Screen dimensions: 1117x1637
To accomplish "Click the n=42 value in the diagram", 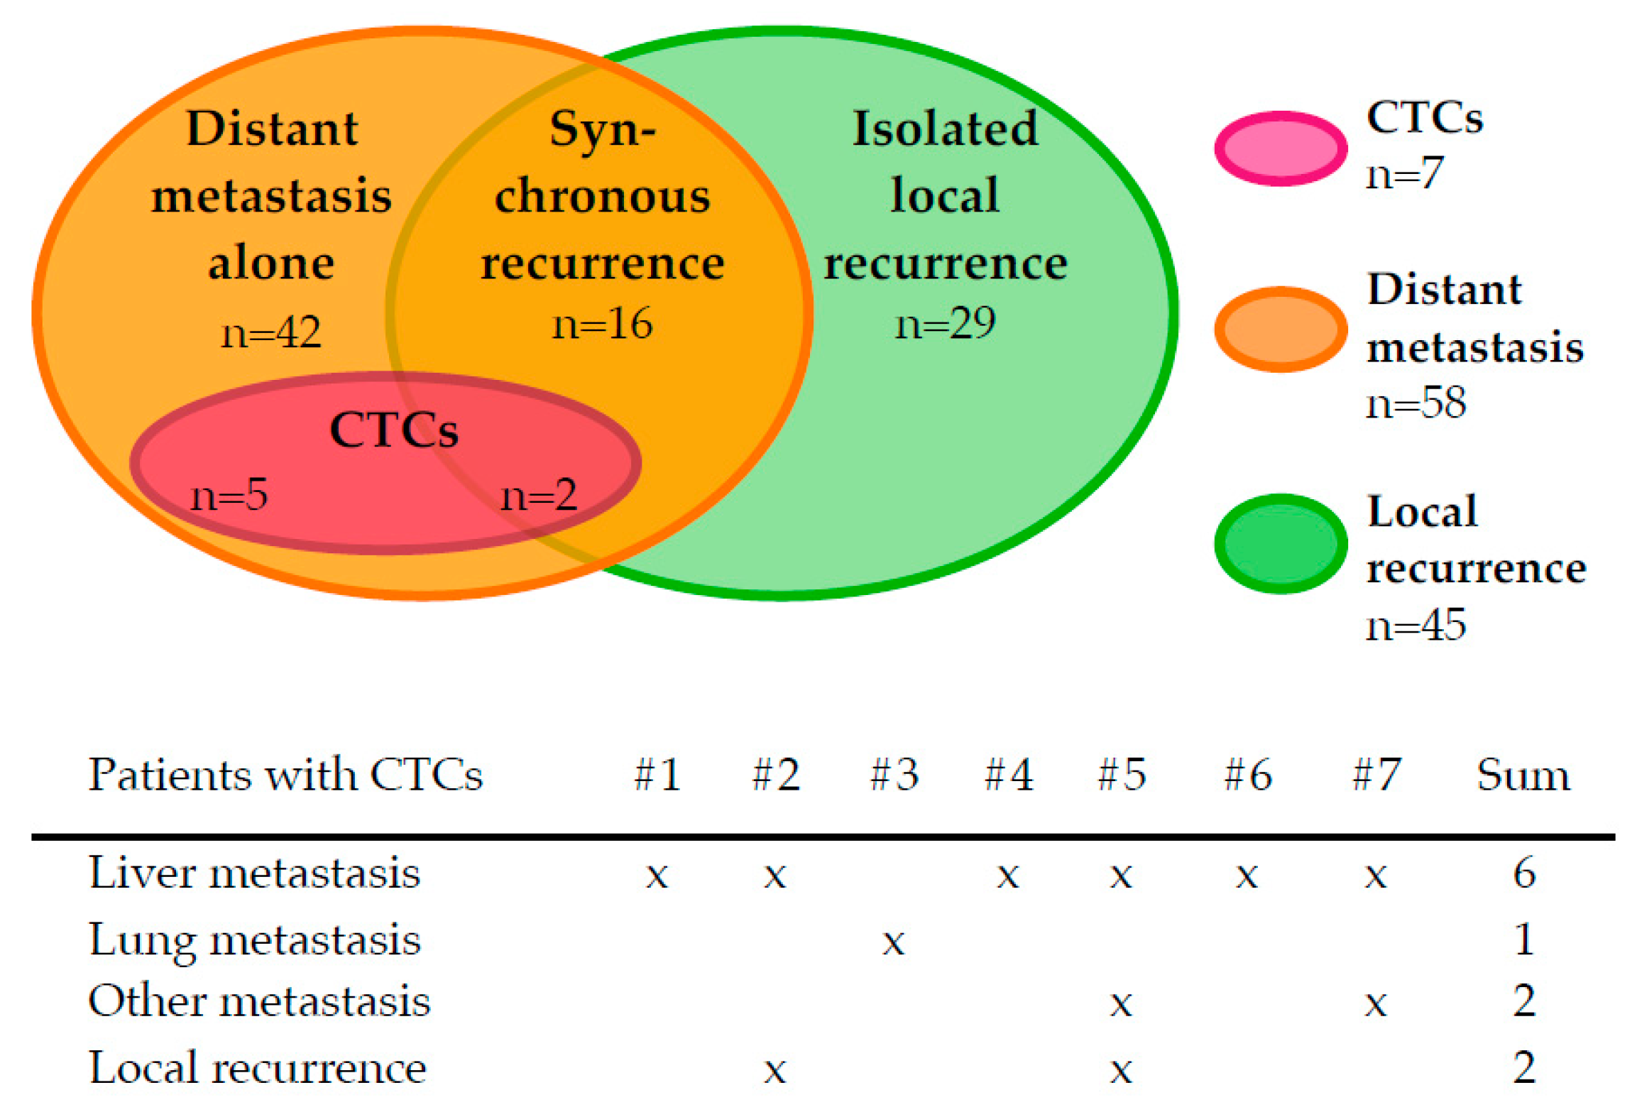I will (x=270, y=332).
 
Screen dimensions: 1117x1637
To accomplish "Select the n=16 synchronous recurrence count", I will (x=602, y=324).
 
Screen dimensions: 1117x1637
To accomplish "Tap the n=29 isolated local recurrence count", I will (x=945, y=324).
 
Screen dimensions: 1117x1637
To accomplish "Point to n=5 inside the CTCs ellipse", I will (x=229, y=494).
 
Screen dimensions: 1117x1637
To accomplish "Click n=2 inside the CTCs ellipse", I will (x=539, y=494).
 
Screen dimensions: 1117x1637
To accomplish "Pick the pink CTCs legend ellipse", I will (x=1280, y=148).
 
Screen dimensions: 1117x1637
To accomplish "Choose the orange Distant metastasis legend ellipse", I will (x=1280, y=329).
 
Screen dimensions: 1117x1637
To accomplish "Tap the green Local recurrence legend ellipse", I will (x=1280, y=543).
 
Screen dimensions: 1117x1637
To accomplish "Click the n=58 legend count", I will (x=1416, y=403).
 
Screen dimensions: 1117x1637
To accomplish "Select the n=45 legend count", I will (x=1416, y=625).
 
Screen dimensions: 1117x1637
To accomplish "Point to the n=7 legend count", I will (x=1405, y=173).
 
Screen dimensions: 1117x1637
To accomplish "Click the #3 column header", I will (x=894, y=774).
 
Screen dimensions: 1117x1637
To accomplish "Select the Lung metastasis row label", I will (x=255, y=940).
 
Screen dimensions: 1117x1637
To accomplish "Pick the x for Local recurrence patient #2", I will (x=774, y=1070).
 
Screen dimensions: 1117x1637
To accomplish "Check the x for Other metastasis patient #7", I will (x=1375, y=1004).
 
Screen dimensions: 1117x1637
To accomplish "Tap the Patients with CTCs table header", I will (x=285, y=774).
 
